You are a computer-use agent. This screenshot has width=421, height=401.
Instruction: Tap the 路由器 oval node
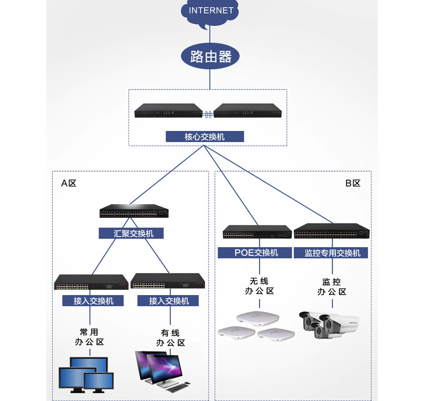click(210, 56)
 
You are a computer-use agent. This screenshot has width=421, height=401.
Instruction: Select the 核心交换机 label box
click(205, 137)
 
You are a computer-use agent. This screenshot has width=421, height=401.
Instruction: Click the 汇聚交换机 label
click(131, 233)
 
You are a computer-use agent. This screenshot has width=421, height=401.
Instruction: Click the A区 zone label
click(69, 183)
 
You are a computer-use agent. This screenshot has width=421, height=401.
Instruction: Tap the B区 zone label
click(353, 183)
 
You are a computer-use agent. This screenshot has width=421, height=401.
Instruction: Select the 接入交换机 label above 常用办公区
click(93, 301)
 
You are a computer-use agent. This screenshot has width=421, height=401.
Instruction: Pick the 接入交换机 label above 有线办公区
click(168, 301)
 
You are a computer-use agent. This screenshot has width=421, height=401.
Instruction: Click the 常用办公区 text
click(89, 337)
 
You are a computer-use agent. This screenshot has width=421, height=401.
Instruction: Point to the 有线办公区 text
click(170, 337)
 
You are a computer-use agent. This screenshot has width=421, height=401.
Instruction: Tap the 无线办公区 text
click(259, 286)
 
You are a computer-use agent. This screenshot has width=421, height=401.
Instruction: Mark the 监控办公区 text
click(332, 286)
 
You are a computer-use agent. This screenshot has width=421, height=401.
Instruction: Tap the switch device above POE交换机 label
click(257, 232)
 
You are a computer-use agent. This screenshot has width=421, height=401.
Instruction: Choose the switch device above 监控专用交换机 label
click(332, 231)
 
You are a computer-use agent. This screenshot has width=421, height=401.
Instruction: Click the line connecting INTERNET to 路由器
click(210, 35)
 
